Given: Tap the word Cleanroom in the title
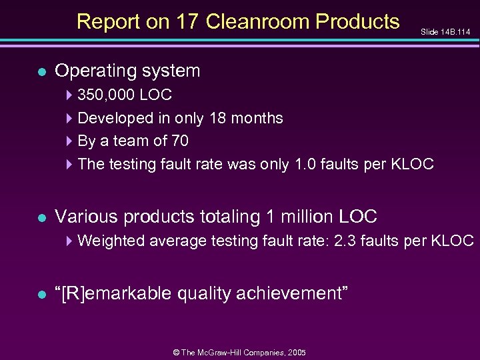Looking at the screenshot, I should pos(258,22).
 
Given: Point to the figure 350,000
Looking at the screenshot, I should pos(107,95).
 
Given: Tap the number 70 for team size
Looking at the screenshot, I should pos(179,141).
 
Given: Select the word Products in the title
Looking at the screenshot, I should pos(358,22).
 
